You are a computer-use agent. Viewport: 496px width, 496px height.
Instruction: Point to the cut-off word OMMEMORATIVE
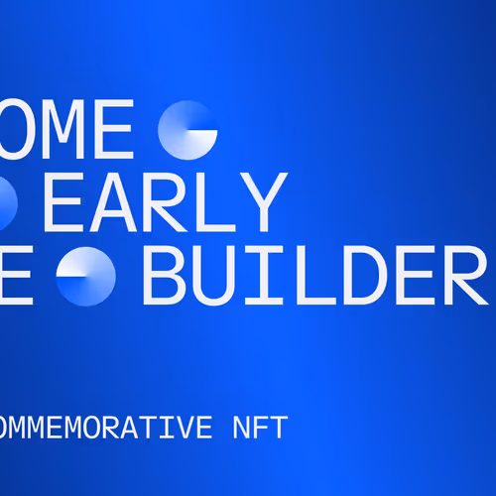click(104, 429)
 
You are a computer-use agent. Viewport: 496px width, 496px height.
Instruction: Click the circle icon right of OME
click(188, 130)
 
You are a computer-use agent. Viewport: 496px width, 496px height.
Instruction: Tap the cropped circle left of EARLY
click(6, 201)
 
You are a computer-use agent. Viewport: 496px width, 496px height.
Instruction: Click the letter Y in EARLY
click(265, 200)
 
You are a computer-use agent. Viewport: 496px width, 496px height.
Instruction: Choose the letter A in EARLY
click(124, 200)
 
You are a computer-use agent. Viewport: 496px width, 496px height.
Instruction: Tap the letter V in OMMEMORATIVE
click(181, 429)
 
